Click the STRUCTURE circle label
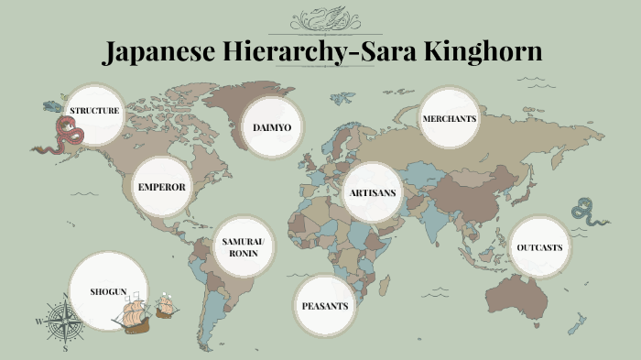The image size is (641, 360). (95, 112)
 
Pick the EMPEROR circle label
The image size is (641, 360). (162, 187)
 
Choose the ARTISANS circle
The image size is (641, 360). (372, 193)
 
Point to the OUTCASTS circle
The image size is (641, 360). (539, 248)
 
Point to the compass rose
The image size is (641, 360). (65, 321)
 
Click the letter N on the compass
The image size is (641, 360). (65, 296)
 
